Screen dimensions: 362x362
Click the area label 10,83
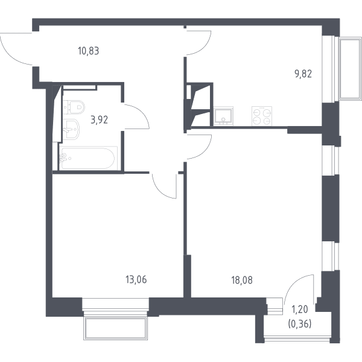[89, 51]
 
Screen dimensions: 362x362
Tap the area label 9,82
[303, 74]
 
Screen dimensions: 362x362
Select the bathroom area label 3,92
[100, 120]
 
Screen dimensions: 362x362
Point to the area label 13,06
[136, 279]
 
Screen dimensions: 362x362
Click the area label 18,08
[242, 280]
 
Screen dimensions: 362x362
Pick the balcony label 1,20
[300, 310]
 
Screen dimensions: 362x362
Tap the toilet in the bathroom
[74, 107]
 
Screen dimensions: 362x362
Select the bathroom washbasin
[71, 129]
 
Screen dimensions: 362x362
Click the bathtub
[88, 158]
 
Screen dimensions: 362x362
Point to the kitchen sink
[223, 116]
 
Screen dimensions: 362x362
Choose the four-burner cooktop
[262, 116]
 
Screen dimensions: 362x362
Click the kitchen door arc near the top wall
[205, 47]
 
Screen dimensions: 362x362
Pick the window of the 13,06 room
[115, 304]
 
